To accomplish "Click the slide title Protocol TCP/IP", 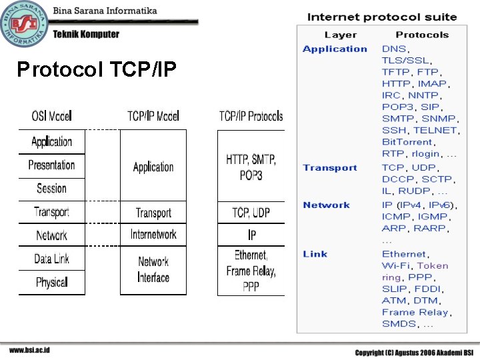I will coord(97,69).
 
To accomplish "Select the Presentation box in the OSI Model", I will coord(52,165).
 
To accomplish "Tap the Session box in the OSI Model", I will coord(52,188).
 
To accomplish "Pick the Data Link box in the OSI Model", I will coord(52,259).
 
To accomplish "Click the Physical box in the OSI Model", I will coord(52,282).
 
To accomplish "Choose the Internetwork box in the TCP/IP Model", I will coord(153,235).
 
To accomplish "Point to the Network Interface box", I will coord(153,270).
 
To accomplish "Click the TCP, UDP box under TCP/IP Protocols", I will coord(251,213).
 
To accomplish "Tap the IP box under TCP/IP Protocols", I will coord(251,235).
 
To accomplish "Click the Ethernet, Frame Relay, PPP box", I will coord(251,271).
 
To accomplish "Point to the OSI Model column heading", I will coord(51,116).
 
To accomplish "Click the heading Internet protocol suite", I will coord(382,17).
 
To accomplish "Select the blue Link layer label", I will coord(315,254).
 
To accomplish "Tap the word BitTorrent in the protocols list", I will coord(407,142).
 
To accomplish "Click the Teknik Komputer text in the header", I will coord(86,34).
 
